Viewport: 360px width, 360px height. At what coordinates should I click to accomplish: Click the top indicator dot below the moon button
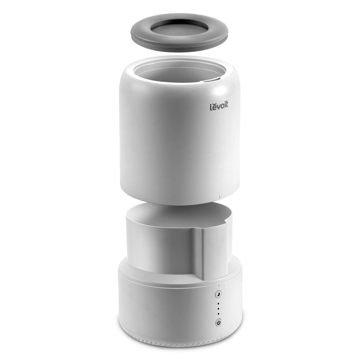[x=218, y=304]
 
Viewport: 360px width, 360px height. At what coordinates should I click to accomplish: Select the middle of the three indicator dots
[x=218, y=309]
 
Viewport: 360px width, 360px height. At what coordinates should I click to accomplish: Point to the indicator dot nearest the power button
[x=218, y=314]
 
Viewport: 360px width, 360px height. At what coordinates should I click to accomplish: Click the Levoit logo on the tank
[x=220, y=106]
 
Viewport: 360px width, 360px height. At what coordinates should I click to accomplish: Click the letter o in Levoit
[x=222, y=107]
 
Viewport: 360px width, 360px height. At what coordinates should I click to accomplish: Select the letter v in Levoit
[x=218, y=107]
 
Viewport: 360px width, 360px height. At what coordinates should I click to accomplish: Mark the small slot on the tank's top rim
[x=211, y=80]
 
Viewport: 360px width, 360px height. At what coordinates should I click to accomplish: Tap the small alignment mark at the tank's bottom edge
[x=220, y=196]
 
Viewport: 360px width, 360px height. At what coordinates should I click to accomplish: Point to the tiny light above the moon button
[x=218, y=286]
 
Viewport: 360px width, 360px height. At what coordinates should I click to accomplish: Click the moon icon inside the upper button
[x=218, y=294]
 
